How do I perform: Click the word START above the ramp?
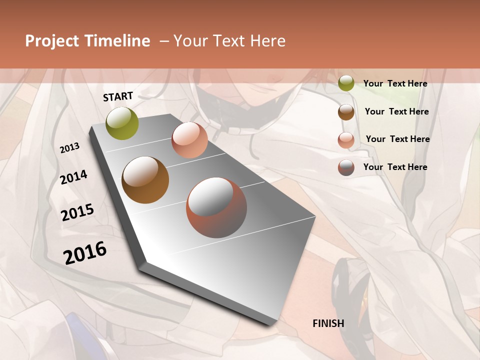click(x=118, y=96)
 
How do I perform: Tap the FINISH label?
click(x=328, y=323)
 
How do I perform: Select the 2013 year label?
click(x=69, y=148)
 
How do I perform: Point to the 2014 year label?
click(x=73, y=177)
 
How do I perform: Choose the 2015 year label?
click(x=77, y=212)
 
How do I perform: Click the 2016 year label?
click(x=85, y=253)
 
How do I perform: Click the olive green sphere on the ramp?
click(x=122, y=123)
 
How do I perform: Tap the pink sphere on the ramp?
click(x=189, y=140)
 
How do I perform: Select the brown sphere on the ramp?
click(x=145, y=180)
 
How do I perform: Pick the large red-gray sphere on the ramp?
click(x=216, y=207)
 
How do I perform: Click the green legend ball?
click(x=346, y=83)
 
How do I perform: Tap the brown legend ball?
click(x=346, y=112)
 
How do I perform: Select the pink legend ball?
click(x=346, y=140)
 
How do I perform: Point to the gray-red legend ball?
click(x=346, y=167)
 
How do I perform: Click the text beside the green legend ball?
click(x=395, y=83)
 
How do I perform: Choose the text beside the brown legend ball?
click(x=396, y=111)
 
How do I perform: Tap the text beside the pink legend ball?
click(x=397, y=139)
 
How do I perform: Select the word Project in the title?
click(x=52, y=41)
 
